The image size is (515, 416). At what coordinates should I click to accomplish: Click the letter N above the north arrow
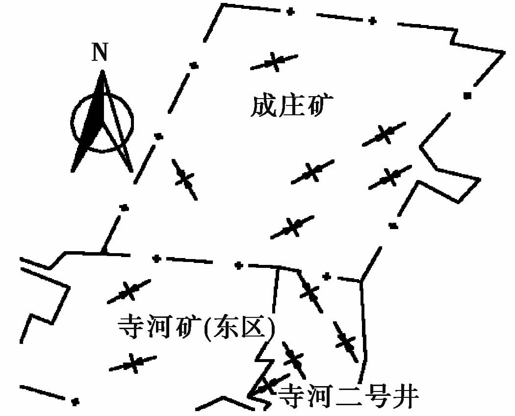(x=100, y=53)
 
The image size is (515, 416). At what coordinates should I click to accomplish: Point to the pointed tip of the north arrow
(x=102, y=72)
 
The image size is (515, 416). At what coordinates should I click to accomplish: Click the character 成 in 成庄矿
(x=262, y=106)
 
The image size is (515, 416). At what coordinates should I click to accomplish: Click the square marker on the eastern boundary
(x=467, y=95)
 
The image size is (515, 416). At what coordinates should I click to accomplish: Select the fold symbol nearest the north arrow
(x=185, y=180)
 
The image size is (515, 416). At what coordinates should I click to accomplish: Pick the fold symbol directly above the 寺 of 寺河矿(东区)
(x=129, y=291)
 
